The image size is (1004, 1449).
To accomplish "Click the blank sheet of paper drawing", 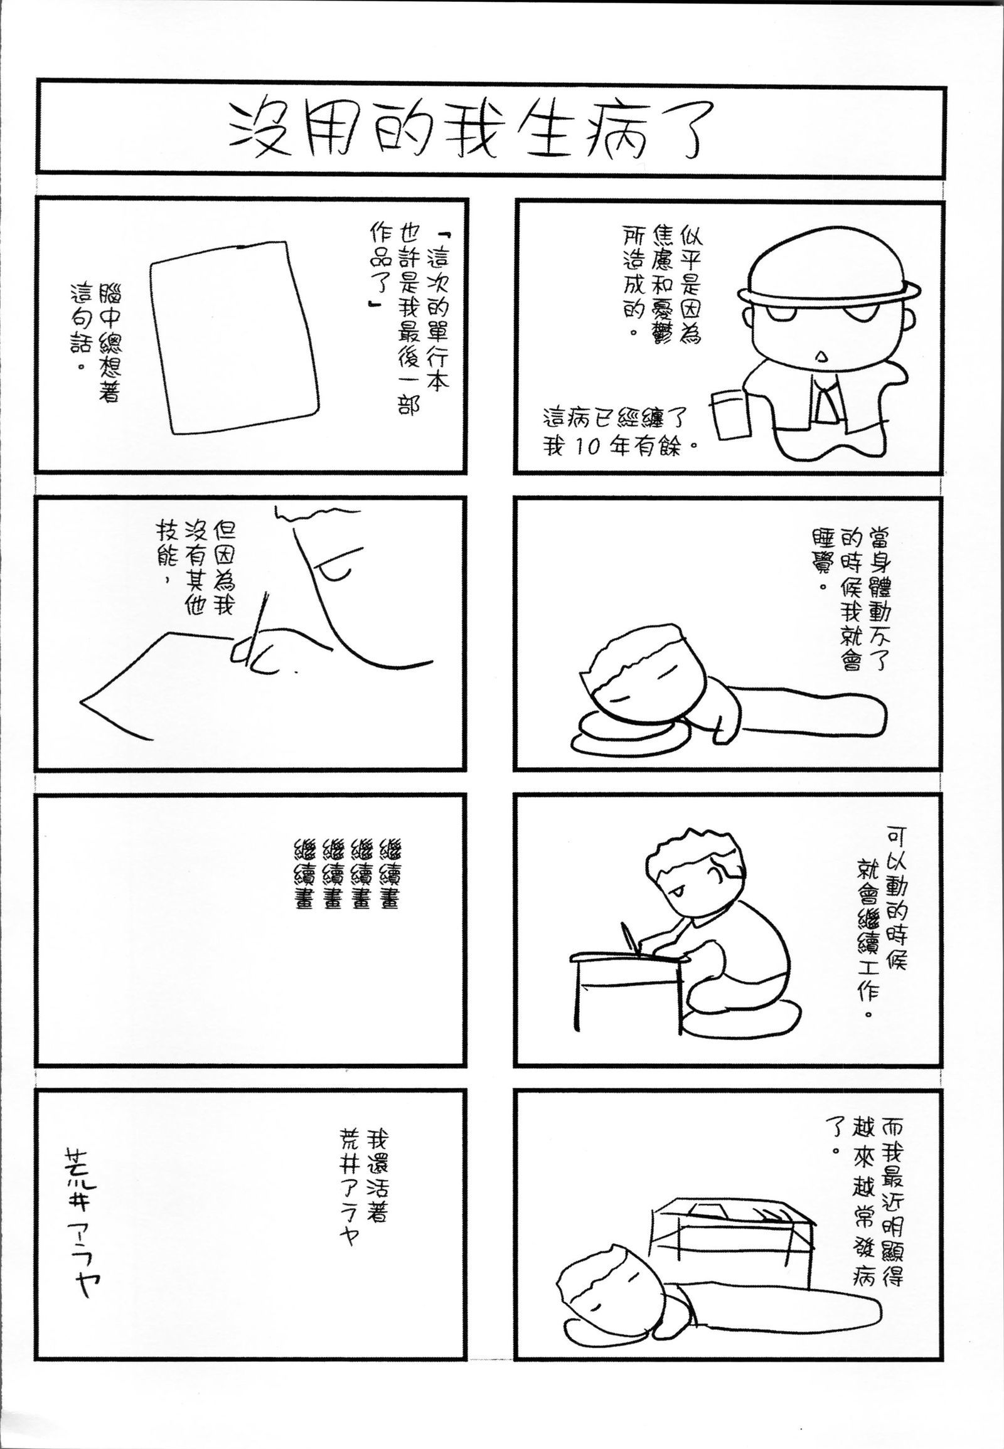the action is [234, 337].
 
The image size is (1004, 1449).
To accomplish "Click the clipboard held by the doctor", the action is [732, 414].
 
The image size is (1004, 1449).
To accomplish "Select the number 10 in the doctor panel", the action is [589, 448].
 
